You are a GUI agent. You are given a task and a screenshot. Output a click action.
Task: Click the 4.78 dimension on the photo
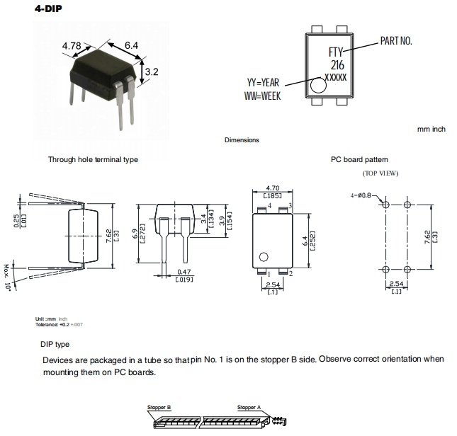coord(71,46)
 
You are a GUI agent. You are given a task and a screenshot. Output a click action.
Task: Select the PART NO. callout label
coord(396,40)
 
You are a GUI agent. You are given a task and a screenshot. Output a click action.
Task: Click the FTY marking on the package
coord(335,52)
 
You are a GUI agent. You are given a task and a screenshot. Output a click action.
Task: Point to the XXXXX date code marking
coord(335,76)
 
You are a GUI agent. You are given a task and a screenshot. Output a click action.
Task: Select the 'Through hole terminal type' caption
coord(93,159)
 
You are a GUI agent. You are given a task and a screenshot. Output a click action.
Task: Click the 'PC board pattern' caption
coord(359,159)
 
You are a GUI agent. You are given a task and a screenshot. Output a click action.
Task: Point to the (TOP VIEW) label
coord(380,173)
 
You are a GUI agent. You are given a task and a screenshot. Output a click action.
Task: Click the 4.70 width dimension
coord(272,188)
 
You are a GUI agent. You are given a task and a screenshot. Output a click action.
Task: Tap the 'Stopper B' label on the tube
coord(159,408)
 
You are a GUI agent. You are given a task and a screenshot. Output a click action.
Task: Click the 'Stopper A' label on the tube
coord(249,408)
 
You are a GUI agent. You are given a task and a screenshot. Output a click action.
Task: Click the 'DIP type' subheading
coord(55,344)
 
